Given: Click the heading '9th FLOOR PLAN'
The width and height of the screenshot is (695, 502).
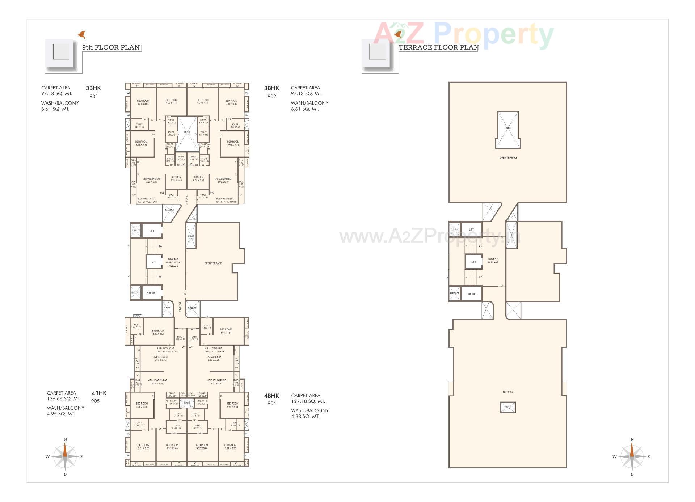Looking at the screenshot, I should pyautogui.click(x=111, y=47).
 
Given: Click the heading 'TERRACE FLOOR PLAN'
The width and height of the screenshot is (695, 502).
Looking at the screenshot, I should pyautogui.click(x=438, y=47).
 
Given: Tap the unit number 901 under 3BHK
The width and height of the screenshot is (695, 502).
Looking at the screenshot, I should pyautogui.click(x=93, y=96).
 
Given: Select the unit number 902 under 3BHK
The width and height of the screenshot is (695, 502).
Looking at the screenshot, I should pyautogui.click(x=271, y=96).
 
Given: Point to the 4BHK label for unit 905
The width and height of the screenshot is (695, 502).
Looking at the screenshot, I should pyautogui.click(x=99, y=393).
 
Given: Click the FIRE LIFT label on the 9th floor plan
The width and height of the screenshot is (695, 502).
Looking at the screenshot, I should pyautogui.click(x=152, y=292).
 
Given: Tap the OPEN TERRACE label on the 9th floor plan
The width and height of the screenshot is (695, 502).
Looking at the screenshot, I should pyautogui.click(x=213, y=263).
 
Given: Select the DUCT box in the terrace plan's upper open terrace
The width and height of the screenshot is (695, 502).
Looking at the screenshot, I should pyautogui.click(x=507, y=129).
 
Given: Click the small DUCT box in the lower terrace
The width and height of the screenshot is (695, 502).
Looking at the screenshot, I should pyautogui.click(x=507, y=407).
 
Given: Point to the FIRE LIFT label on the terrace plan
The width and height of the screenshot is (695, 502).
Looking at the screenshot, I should pyautogui.click(x=471, y=294).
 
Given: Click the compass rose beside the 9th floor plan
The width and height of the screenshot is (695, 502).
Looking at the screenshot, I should pyautogui.click(x=65, y=456).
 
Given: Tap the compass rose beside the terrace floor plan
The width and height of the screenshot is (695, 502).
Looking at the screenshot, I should pyautogui.click(x=632, y=456).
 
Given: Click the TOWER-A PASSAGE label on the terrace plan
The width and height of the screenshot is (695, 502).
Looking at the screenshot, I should pyautogui.click(x=493, y=261).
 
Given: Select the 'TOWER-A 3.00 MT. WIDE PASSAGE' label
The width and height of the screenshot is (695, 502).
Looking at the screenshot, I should pyautogui.click(x=173, y=262).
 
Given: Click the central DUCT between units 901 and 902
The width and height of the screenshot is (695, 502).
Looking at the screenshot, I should pyautogui.click(x=187, y=132).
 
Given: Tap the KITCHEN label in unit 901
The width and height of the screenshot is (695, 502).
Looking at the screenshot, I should pyautogui.click(x=176, y=178).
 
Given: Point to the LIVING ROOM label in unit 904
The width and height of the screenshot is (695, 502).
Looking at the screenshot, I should pyautogui.click(x=214, y=358).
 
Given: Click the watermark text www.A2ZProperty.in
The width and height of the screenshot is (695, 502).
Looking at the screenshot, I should pyautogui.click(x=429, y=237).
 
